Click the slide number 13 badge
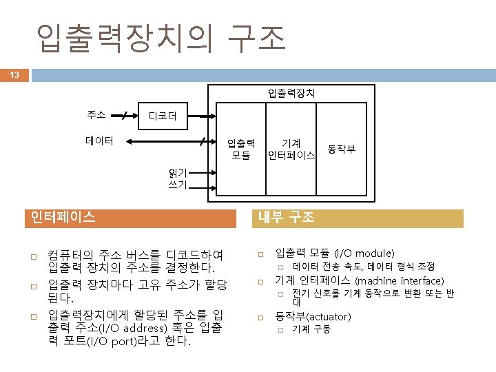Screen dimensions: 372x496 [14, 74]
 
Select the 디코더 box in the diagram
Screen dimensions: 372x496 [163, 116]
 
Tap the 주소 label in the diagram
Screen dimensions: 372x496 [96, 114]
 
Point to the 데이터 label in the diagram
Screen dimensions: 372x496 [99, 141]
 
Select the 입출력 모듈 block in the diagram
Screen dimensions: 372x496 [241, 149]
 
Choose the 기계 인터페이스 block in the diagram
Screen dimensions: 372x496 [291, 149]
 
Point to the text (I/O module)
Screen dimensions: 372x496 [364, 253]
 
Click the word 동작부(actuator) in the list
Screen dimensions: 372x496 [313, 316]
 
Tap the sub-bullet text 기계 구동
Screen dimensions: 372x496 [311, 329]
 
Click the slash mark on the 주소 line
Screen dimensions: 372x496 [124, 115]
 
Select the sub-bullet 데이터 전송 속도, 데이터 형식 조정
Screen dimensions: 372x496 [363, 267]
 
